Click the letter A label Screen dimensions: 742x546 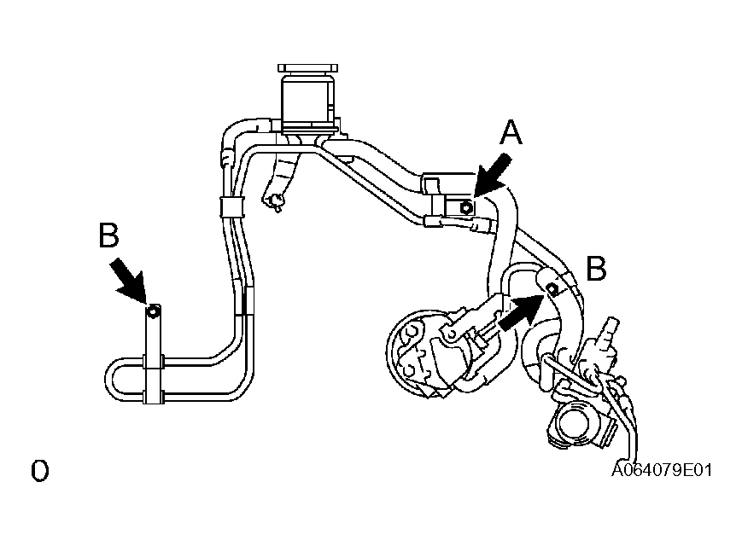click(511, 132)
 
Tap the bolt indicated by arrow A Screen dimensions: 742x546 click(466, 207)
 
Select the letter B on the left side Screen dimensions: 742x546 click(108, 235)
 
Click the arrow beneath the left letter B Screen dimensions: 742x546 click(129, 281)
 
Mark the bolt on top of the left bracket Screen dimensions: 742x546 click(153, 311)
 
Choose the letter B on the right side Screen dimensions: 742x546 click(596, 269)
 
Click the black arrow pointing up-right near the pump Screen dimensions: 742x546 click(521, 312)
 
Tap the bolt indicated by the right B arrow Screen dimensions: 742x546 click(552, 288)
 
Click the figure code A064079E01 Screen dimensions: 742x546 click(662, 470)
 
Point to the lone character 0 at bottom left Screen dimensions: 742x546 click(40, 471)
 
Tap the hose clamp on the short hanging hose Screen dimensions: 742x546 click(273, 202)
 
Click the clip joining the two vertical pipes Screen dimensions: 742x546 click(231, 207)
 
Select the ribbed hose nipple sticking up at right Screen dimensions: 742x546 click(606, 333)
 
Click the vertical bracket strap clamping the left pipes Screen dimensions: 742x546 click(154, 356)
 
